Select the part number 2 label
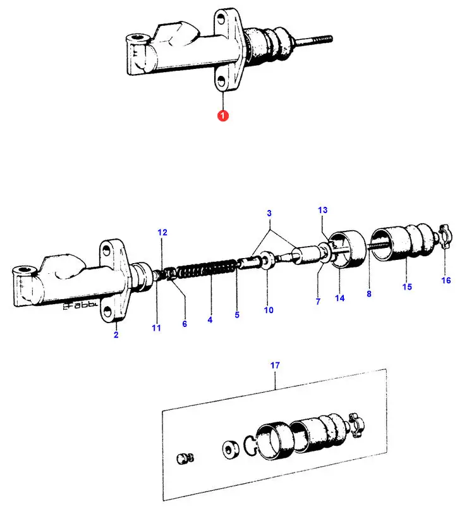[x=116, y=335]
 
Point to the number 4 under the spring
[x=209, y=320]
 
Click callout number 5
[x=237, y=314]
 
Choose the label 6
[x=185, y=324]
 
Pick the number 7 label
[x=318, y=302]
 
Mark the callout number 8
[x=369, y=293]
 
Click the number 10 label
[x=268, y=310]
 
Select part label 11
[x=156, y=328]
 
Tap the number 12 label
[x=162, y=233]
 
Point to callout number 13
[x=323, y=209]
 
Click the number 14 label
[x=340, y=298]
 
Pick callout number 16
[x=446, y=280]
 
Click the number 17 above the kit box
[x=276, y=365]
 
